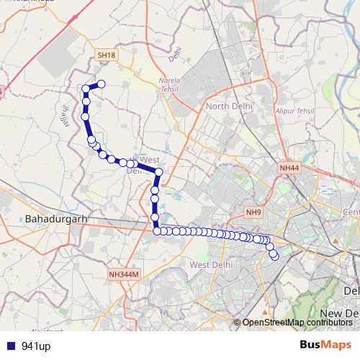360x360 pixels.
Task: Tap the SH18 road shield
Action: tap(106, 55)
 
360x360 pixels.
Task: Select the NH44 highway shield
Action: tap(289, 168)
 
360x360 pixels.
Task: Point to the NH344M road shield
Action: tap(123, 274)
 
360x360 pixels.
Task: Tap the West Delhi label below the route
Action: tap(208, 265)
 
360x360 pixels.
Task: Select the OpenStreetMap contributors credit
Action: tap(297, 323)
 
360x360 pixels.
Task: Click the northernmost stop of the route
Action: tap(102, 84)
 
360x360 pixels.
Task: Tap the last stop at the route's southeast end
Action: tap(274, 255)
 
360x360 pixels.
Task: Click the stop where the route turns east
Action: tap(157, 230)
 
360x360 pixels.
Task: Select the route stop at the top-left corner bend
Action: tap(86, 89)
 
